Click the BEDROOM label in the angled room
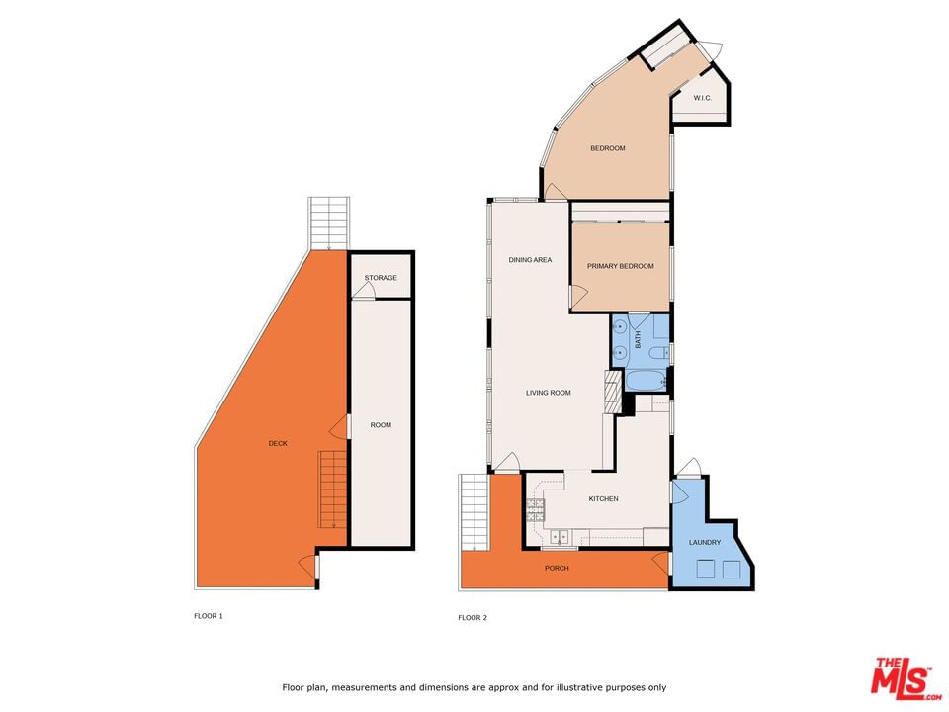(608, 148)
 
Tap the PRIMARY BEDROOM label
(621, 266)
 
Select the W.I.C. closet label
(702, 98)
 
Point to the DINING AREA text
(530, 260)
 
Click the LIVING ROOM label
(549, 393)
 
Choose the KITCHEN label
(603, 498)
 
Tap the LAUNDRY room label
(705, 543)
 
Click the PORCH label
(557, 568)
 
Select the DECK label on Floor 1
(278, 443)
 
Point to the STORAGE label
(381, 278)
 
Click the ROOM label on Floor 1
(381, 425)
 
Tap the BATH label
(638, 339)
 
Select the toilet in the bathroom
(657, 353)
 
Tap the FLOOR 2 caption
(473, 617)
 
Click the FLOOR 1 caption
(209, 616)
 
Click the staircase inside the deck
(333, 489)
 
